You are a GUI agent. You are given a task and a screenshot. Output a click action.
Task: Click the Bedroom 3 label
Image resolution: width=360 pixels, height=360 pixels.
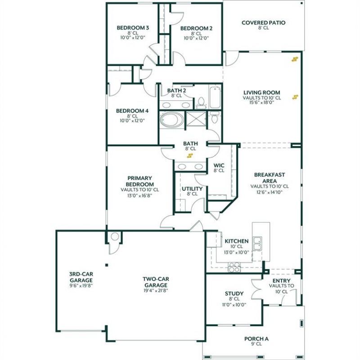click(x=133, y=28)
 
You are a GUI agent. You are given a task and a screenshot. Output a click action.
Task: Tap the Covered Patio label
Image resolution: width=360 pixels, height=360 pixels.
click(x=264, y=22)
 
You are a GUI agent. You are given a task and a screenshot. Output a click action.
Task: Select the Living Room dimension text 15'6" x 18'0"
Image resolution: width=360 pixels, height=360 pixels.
click(x=262, y=103)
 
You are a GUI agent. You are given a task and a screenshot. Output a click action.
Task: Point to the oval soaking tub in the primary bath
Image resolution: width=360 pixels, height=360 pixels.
click(x=172, y=120)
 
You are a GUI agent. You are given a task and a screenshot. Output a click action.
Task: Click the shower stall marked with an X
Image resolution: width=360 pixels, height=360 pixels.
click(x=196, y=119)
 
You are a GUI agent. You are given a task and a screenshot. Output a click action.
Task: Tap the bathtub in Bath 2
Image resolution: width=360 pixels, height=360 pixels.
click(x=215, y=97)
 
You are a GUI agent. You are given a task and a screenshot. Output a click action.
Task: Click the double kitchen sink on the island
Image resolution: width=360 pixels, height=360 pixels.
click(x=257, y=243)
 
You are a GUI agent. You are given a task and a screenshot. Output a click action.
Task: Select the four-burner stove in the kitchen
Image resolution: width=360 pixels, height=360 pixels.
click(x=234, y=267)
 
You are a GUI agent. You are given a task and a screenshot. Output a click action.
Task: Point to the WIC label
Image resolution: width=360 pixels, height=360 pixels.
click(x=219, y=165)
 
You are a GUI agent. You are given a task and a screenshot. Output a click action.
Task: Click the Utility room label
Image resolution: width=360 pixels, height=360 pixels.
click(x=192, y=189)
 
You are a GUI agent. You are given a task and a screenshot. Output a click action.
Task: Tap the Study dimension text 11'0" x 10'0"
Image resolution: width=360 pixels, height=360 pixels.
click(x=234, y=305)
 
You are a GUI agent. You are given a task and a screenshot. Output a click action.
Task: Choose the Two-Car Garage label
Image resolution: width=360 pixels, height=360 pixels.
click(x=156, y=282)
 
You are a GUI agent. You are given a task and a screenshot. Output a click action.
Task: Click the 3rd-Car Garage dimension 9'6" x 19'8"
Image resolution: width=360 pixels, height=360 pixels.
click(x=81, y=286)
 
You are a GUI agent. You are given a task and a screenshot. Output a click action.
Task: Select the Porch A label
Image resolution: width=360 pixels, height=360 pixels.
click(x=256, y=339)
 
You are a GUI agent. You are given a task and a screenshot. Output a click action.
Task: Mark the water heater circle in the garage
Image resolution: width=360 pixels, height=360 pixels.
click(x=115, y=237)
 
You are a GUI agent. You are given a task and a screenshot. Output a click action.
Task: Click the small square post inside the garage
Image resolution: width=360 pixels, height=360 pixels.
click(x=107, y=265)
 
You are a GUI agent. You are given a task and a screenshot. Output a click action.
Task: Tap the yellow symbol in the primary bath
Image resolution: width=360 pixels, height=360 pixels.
click(x=189, y=156)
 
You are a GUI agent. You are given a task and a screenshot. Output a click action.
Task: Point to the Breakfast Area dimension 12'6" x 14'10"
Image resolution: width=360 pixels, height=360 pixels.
click(x=269, y=192)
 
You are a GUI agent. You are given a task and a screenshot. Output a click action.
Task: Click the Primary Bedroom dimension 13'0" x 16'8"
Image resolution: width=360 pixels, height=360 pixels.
click(x=139, y=196)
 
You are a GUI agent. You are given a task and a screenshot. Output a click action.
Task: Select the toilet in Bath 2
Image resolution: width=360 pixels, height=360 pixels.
click(x=201, y=102)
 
